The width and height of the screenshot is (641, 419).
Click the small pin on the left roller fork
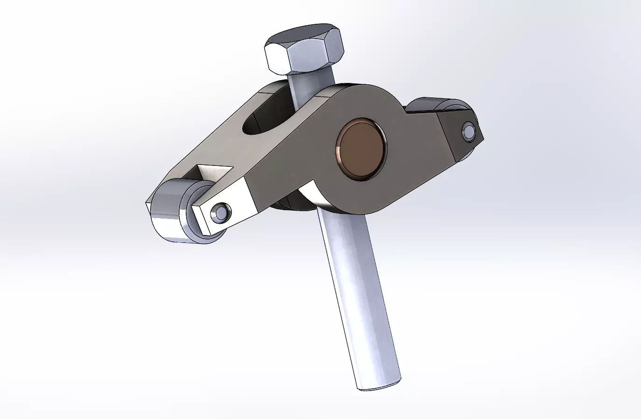220,213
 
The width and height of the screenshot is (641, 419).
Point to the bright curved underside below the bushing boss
310,193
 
